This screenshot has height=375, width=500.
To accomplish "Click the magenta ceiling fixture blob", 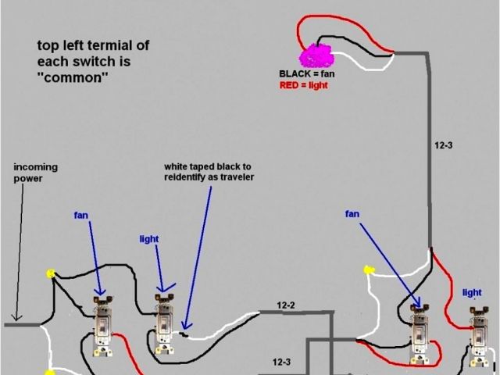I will [x=317, y=55].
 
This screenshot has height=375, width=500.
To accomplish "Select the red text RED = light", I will [x=303, y=85].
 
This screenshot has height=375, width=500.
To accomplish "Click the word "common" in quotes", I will [x=73, y=78].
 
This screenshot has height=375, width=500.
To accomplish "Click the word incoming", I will [x=36, y=167].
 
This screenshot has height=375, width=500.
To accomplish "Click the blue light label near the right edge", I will [x=472, y=293].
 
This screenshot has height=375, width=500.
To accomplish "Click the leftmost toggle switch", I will [x=102, y=331].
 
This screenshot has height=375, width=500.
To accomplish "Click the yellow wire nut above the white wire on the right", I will [x=366, y=271].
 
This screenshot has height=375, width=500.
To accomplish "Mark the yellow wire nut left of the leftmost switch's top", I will [x=52, y=273].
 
